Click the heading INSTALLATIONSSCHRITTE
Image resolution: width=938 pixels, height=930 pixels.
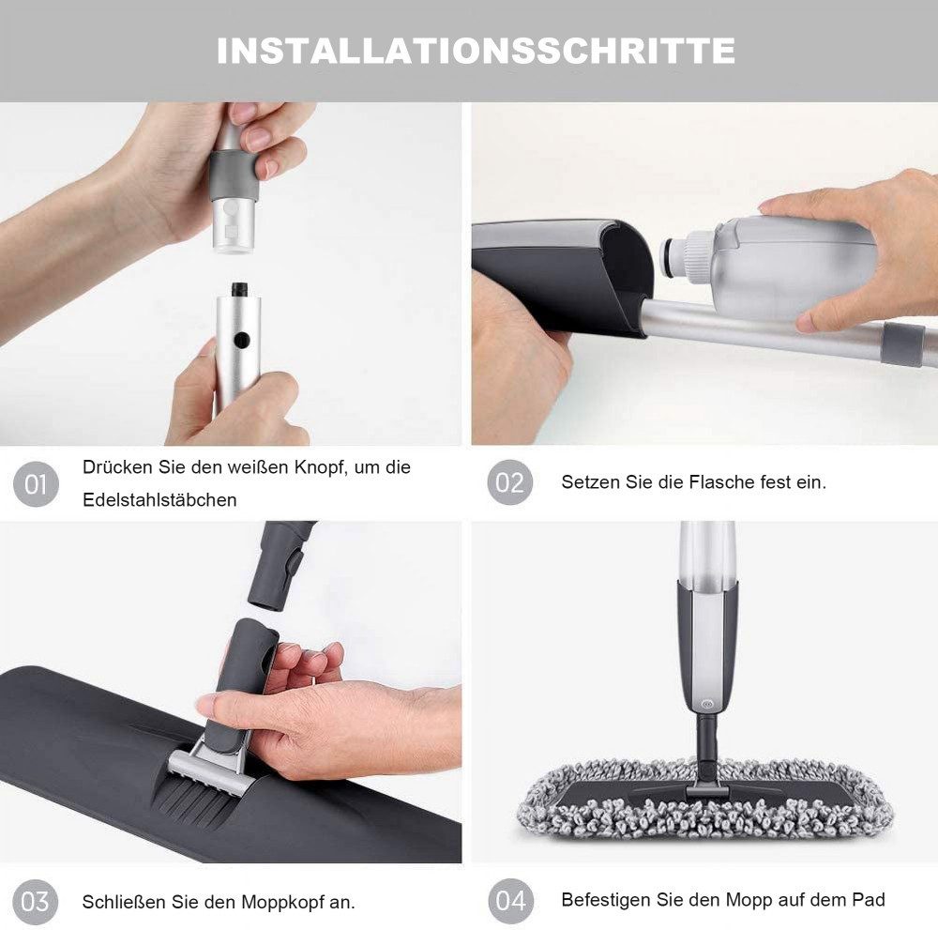476,50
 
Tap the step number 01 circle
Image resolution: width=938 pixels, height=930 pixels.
36,484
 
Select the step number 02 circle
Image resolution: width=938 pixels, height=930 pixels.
510,483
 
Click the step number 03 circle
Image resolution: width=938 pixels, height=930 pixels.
36,902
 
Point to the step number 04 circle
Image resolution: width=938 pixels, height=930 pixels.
510,902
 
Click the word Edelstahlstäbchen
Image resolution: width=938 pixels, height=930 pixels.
159,500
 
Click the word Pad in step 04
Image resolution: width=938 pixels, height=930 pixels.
869,900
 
